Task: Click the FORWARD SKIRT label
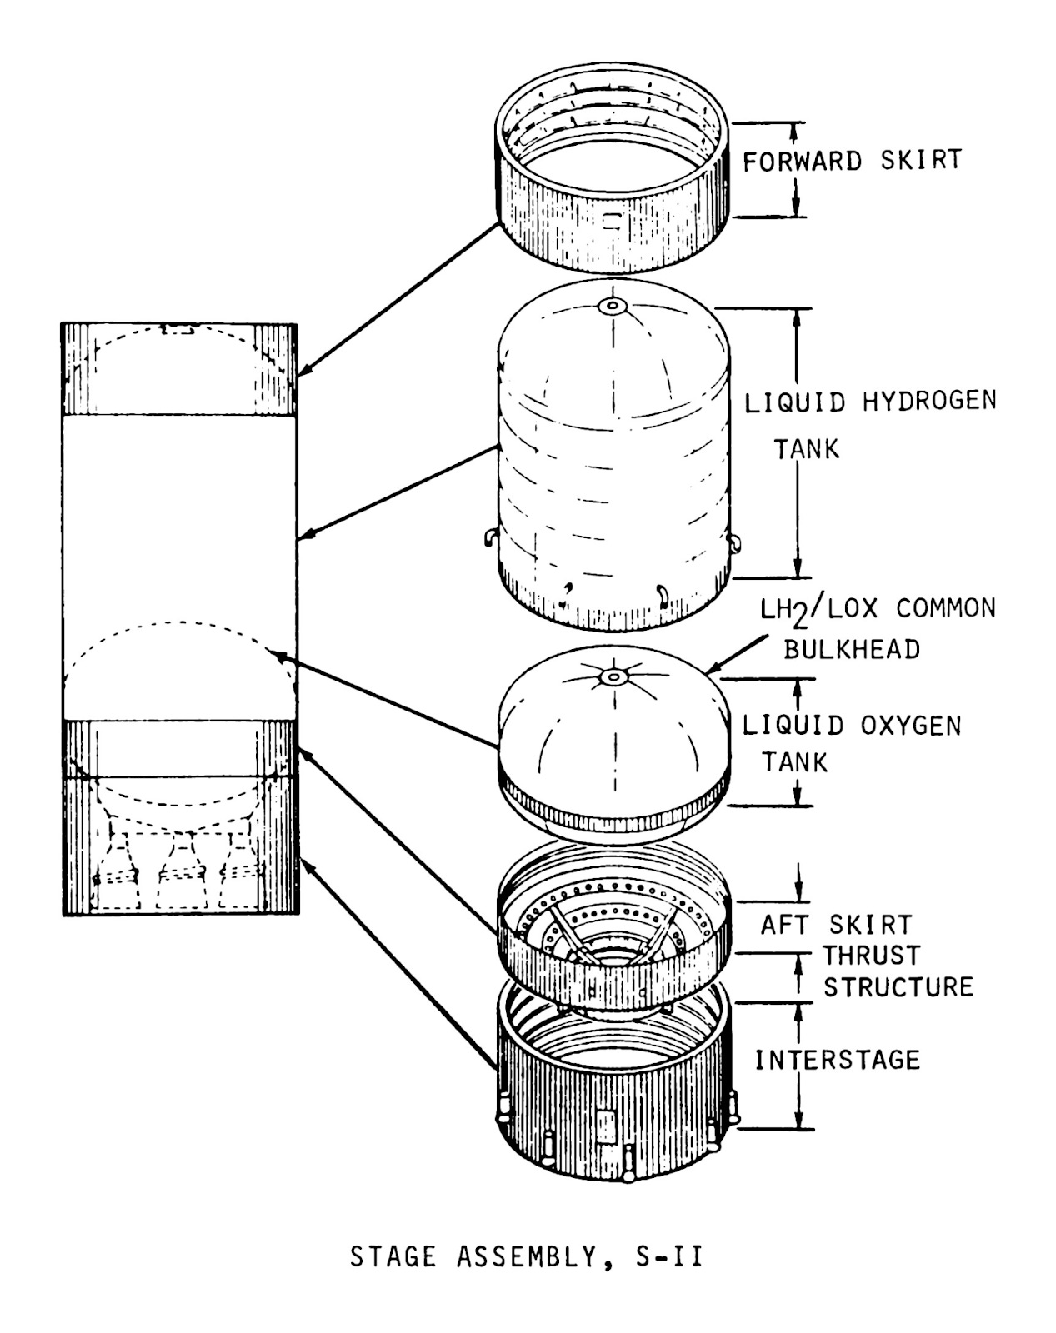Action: pyautogui.click(x=851, y=160)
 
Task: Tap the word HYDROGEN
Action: pyautogui.click(x=928, y=402)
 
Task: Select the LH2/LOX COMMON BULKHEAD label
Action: pyautogui.click(x=877, y=627)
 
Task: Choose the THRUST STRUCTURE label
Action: pyautogui.click(x=898, y=971)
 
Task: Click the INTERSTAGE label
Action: pyautogui.click(x=837, y=1060)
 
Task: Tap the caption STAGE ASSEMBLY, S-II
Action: pyautogui.click(x=526, y=1256)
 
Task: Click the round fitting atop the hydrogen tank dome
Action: pyautogui.click(x=613, y=307)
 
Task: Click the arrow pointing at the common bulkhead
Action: pyautogui.click(x=738, y=654)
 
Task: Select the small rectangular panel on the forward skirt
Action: pyautogui.click(x=612, y=222)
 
